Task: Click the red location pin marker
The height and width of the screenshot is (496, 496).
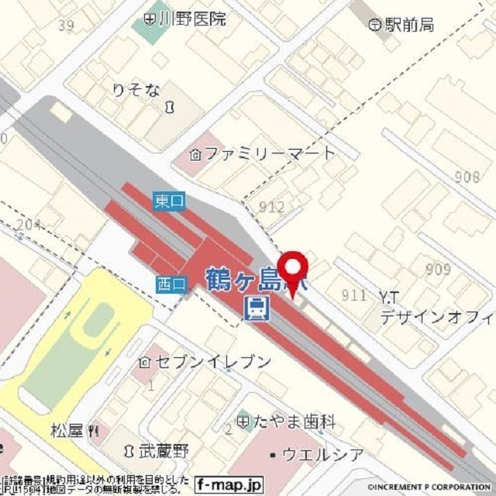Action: tap(292, 272)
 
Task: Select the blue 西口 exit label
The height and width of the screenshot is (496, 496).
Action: tap(170, 284)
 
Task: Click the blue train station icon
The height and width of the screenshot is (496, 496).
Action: tap(256, 308)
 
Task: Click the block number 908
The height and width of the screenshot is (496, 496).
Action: tap(467, 177)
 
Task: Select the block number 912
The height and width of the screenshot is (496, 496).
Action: tap(271, 207)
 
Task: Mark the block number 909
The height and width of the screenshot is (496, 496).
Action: tap(438, 270)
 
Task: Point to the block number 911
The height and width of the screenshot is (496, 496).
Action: tap(353, 294)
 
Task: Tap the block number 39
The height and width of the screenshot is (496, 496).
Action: tap(66, 26)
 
